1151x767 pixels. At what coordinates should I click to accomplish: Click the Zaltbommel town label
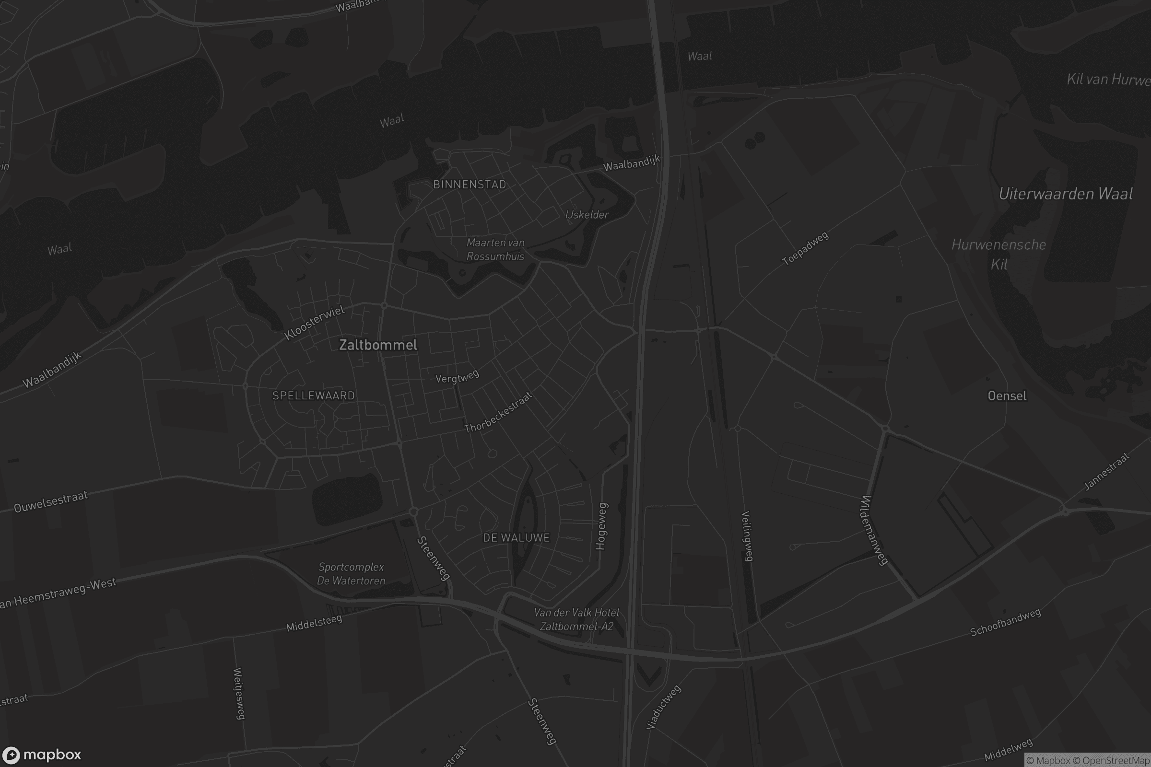tap(378, 345)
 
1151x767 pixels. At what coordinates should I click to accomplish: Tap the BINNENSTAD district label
tap(470, 185)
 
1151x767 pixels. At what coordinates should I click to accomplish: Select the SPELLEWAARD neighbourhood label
tap(313, 395)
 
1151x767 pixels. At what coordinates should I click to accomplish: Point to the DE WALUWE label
tap(517, 537)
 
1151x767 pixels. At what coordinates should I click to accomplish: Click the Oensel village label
tap(1007, 396)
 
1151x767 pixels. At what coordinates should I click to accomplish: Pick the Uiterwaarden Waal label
tap(1065, 194)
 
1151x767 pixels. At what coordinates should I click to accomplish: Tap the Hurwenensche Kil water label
tap(998, 255)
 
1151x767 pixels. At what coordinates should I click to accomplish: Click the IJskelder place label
tap(587, 214)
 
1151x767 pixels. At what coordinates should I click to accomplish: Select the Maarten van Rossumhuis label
tap(495, 249)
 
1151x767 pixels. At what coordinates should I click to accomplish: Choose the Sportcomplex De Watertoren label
tap(351, 574)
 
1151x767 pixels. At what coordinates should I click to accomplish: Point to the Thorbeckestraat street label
tap(498, 413)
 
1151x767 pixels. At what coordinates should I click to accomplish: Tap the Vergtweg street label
tap(457, 377)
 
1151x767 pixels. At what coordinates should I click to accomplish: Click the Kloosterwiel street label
tap(315, 322)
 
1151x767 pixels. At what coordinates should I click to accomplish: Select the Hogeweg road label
tap(601, 526)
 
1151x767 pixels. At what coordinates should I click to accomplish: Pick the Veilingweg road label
tap(747, 535)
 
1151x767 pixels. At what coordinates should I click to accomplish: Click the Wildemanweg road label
tap(873, 530)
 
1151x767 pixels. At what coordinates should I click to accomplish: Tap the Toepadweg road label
tap(805, 248)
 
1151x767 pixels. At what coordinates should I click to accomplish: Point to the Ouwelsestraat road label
tap(50, 502)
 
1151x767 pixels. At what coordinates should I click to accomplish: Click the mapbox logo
tap(41, 755)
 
